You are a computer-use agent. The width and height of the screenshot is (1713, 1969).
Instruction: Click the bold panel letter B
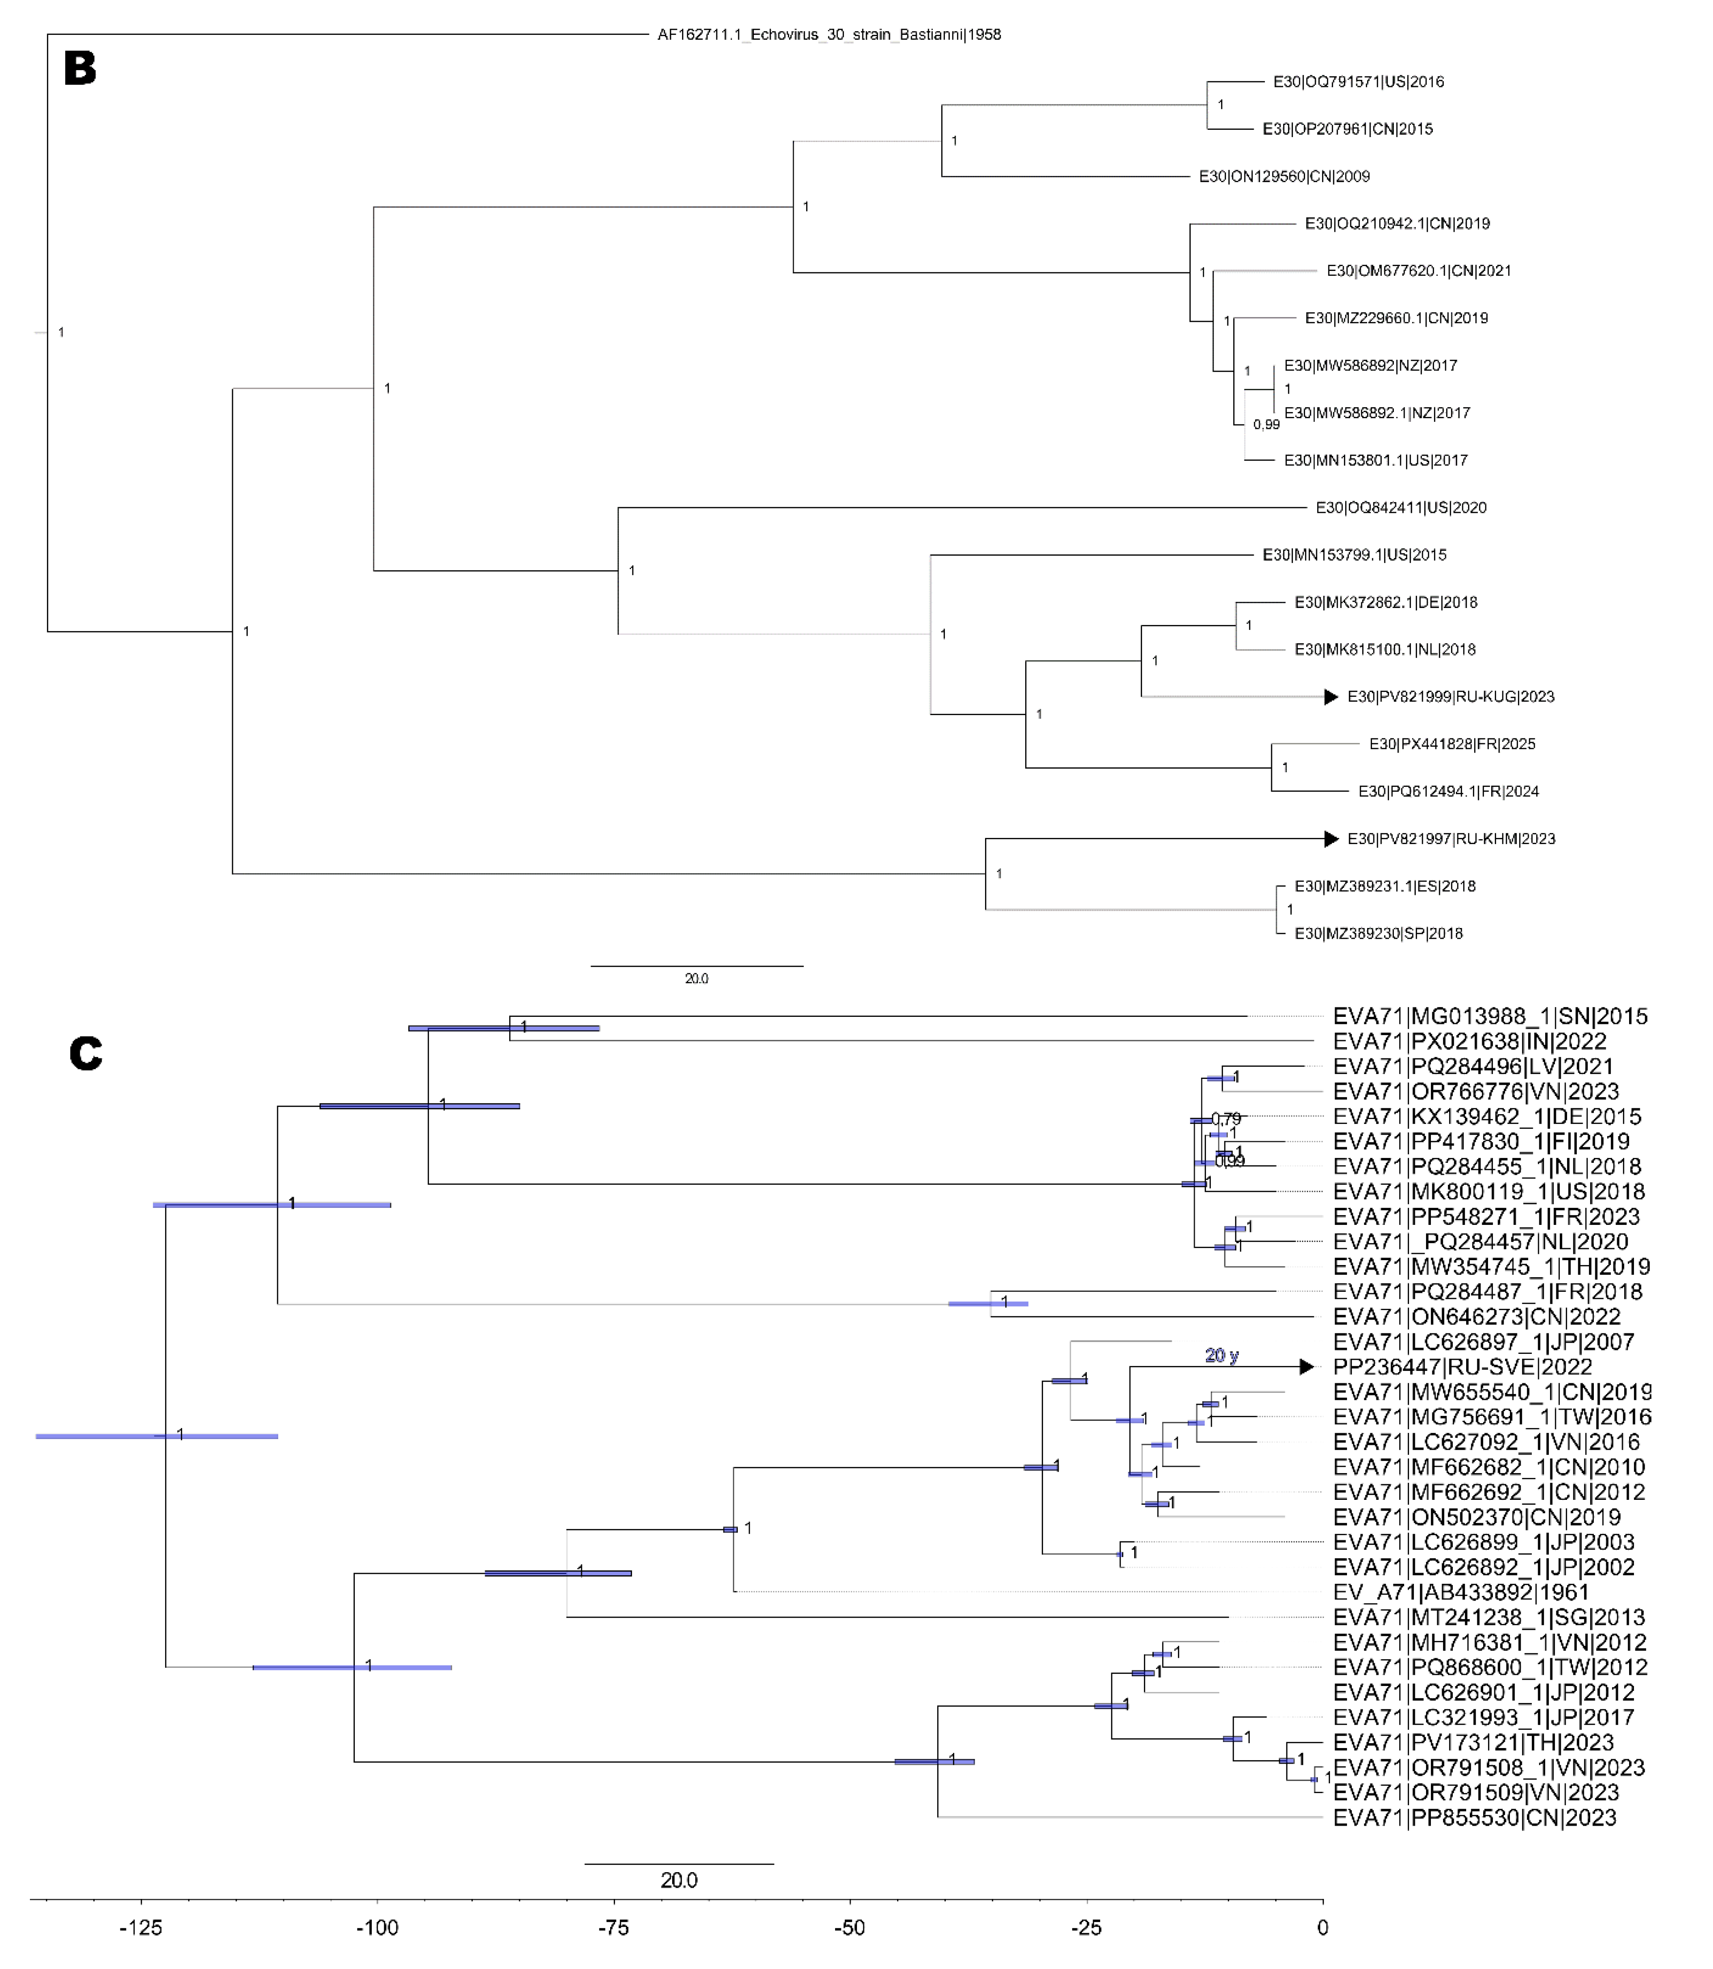coord(80,69)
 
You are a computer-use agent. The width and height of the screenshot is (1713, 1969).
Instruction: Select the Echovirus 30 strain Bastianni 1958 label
coord(829,34)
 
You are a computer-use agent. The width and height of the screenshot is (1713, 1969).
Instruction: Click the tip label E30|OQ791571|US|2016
coord(1358,82)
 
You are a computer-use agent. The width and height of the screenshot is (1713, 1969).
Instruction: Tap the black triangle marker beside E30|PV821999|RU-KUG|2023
coord(1330,697)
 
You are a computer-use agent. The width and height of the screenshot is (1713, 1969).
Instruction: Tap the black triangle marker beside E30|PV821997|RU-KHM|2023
coord(1330,839)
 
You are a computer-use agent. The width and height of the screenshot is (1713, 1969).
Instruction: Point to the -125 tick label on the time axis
coord(141,1928)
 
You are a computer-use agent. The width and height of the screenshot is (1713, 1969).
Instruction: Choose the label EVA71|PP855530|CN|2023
coord(1474,1818)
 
